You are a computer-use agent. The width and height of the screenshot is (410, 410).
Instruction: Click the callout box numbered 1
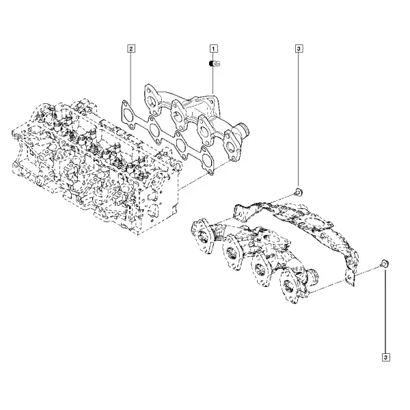point(213,49)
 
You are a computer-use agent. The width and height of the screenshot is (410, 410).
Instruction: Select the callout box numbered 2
point(131,49)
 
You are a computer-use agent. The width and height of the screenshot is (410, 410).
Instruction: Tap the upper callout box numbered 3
point(299,49)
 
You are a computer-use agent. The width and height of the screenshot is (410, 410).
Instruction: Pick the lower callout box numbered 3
point(386,357)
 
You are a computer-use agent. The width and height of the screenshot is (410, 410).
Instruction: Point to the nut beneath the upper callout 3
point(299,192)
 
